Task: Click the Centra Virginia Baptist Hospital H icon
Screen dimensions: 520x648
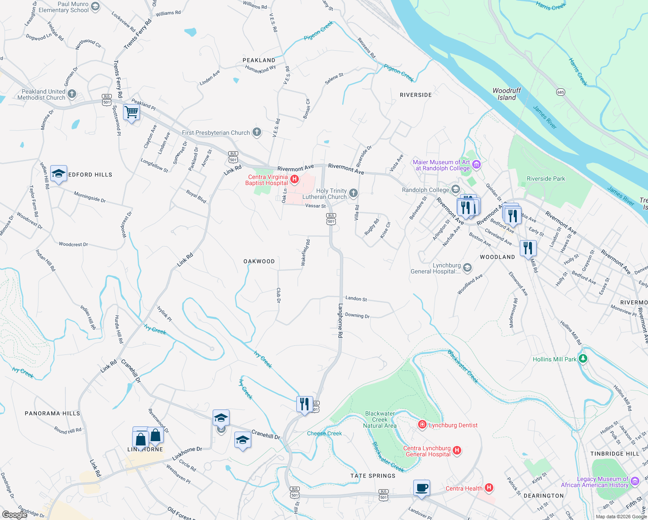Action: point(295,179)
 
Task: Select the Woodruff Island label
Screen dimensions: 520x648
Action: point(506,94)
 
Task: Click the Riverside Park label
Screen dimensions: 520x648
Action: point(546,179)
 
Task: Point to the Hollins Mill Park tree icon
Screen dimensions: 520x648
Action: point(583,359)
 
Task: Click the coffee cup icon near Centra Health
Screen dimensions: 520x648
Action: point(421,488)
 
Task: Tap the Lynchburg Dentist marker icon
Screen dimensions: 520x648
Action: point(422,425)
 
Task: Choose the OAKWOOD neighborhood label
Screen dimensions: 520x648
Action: point(259,261)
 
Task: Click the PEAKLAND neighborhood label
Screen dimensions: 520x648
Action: point(259,60)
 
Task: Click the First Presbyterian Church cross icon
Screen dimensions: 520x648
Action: point(257,132)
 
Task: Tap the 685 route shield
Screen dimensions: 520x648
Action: point(561,92)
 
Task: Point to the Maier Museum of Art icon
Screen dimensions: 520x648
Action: point(476,164)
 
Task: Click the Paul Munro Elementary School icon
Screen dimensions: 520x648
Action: point(95,6)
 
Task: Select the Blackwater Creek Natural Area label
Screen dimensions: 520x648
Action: point(379,419)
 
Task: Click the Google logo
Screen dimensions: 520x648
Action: point(14,514)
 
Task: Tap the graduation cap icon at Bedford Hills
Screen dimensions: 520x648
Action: point(58,174)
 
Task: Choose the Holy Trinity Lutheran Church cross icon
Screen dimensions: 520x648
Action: point(353,193)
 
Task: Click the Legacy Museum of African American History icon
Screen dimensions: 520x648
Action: point(635,481)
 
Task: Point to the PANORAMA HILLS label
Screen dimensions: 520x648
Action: point(52,413)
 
